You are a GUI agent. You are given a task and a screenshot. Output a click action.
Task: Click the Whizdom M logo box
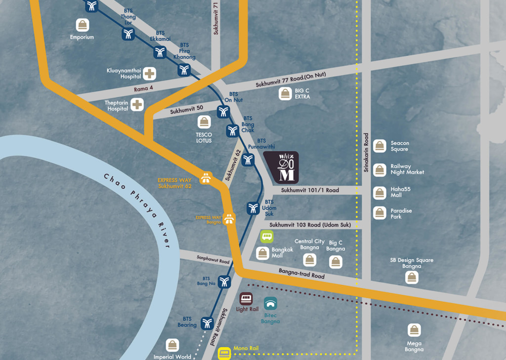click(281, 167)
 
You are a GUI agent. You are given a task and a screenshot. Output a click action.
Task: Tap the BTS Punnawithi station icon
click(248, 159)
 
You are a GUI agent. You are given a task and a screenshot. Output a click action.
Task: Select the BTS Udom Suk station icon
click(253, 208)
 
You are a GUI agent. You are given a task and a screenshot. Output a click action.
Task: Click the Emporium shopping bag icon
click(82, 25)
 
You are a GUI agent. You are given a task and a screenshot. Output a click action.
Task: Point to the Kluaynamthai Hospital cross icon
click(150, 74)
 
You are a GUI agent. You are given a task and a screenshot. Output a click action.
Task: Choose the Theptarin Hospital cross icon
click(137, 104)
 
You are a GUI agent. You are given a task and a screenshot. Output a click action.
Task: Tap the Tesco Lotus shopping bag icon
click(204, 122)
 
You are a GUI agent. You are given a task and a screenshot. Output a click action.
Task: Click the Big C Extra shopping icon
click(285, 93)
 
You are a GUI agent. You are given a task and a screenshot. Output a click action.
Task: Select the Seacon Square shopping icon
click(379, 146)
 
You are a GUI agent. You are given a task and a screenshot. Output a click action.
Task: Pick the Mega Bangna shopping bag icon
click(414, 330)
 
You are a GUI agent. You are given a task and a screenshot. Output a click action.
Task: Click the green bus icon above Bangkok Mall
click(267, 236)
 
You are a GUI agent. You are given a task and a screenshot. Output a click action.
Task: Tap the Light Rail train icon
click(246, 299)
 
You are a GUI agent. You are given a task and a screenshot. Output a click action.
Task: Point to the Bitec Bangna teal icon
click(270, 303)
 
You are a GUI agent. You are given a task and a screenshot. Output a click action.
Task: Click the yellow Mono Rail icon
click(225, 353)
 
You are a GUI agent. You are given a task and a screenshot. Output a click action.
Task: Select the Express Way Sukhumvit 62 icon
click(206, 178)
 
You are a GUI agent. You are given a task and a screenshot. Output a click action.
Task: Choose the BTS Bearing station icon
click(207, 323)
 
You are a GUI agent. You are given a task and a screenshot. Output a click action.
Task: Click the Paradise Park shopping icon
click(379, 213)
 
